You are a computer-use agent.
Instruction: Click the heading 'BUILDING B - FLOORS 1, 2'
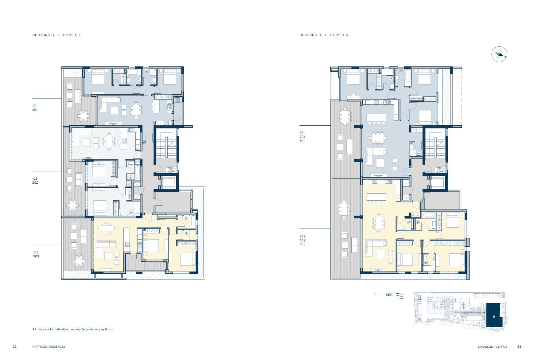(x=57, y=35)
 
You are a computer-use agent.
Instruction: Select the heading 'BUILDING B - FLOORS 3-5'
(x=324, y=35)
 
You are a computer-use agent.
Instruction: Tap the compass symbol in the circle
(x=499, y=54)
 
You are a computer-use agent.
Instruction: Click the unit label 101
(x=34, y=106)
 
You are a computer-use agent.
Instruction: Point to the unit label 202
(x=35, y=183)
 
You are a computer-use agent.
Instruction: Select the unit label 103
(x=36, y=252)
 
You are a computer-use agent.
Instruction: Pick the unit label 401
(x=302, y=137)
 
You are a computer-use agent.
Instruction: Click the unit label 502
(x=302, y=244)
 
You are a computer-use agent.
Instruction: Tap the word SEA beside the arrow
(x=389, y=295)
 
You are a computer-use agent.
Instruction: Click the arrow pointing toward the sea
(x=379, y=294)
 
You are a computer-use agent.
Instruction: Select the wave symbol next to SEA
(x=400, y=296)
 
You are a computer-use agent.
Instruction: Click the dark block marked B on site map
(x=494, y=315)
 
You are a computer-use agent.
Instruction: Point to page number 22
(x=15, y=347)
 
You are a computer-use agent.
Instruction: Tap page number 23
(x=519, y=347)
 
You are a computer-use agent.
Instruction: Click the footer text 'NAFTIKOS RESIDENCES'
(x=49, y=347)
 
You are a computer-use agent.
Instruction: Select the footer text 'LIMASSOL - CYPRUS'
(x=493, y=347)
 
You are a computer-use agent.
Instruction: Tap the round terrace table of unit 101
(x=84, y=116)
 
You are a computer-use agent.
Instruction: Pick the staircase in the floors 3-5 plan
(x=435, y=143)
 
